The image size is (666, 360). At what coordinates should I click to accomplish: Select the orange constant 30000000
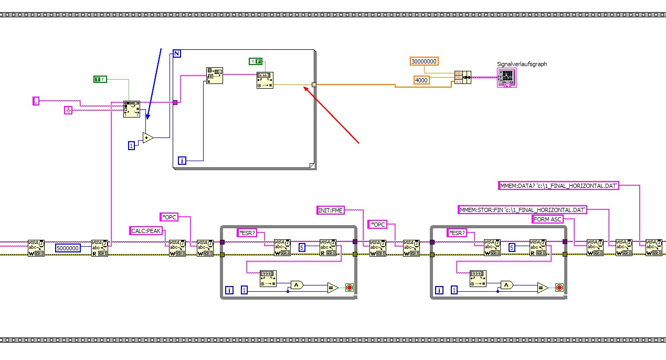click(424, 61)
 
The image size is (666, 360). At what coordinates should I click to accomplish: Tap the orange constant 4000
click(421, 80)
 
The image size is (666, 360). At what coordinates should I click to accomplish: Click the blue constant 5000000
click(68, 248)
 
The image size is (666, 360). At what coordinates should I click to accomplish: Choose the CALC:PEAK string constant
click(146, 230)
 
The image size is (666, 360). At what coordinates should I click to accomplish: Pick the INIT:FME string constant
click(331, 210)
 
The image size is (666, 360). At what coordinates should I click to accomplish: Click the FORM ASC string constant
click(547, 219)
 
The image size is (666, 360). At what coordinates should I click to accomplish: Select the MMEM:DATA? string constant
click(558, 185)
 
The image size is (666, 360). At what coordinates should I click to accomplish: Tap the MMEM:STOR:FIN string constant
click(522, 209)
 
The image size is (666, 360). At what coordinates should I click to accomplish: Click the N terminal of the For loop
click(177, 54)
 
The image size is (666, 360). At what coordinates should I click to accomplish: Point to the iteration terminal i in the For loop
click(182, 161)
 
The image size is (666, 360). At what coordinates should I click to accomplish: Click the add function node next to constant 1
click(148, 138)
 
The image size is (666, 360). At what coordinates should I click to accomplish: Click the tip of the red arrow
click(304, 88)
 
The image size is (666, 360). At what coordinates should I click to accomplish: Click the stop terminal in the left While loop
click(349, 288)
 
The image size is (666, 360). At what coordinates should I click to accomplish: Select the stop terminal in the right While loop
click(559, 288)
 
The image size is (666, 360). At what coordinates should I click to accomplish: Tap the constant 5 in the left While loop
click(302, 247)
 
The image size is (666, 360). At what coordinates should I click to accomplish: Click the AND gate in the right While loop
click(506, 285)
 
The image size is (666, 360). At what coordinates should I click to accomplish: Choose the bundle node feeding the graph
click(463, 77)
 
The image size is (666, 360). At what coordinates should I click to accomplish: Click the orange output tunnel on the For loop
click(314, 84)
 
